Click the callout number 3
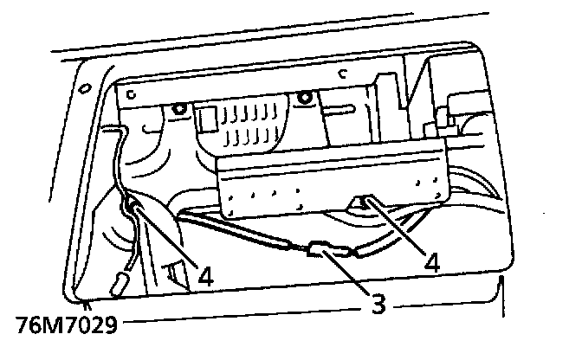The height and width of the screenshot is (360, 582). [378, 305]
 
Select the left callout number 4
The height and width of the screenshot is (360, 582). [204, 276]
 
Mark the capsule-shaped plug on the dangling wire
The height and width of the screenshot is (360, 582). [119, 283]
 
